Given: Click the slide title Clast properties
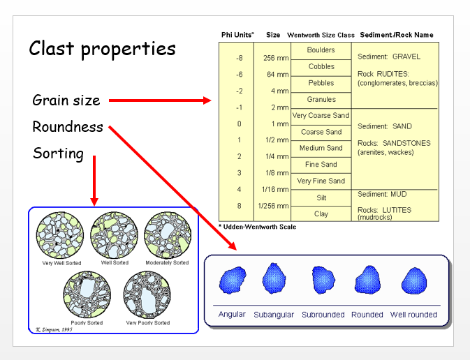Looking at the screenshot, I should (102, 49).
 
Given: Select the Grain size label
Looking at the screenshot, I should (66, 100).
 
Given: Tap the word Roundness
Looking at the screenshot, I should (68, 128).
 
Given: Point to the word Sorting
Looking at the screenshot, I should (58, 153).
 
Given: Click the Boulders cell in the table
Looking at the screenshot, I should (321, 50).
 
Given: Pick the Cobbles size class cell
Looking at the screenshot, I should (321, 67).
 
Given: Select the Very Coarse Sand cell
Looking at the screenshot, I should (321, 116).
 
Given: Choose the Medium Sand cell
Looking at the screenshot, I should (321, 148).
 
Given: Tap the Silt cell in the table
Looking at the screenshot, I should (321, 198).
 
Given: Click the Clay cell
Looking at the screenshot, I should (321, 214).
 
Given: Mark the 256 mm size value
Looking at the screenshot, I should (272, 59).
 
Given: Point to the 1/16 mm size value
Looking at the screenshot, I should (272, 189).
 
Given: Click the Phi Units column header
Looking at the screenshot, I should (237, 35).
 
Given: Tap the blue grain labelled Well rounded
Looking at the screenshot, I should (413, 281).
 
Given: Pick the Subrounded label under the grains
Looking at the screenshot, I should (323, 315).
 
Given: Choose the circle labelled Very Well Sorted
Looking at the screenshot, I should (59, 234).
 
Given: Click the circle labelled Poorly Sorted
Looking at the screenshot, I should (86, 294).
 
